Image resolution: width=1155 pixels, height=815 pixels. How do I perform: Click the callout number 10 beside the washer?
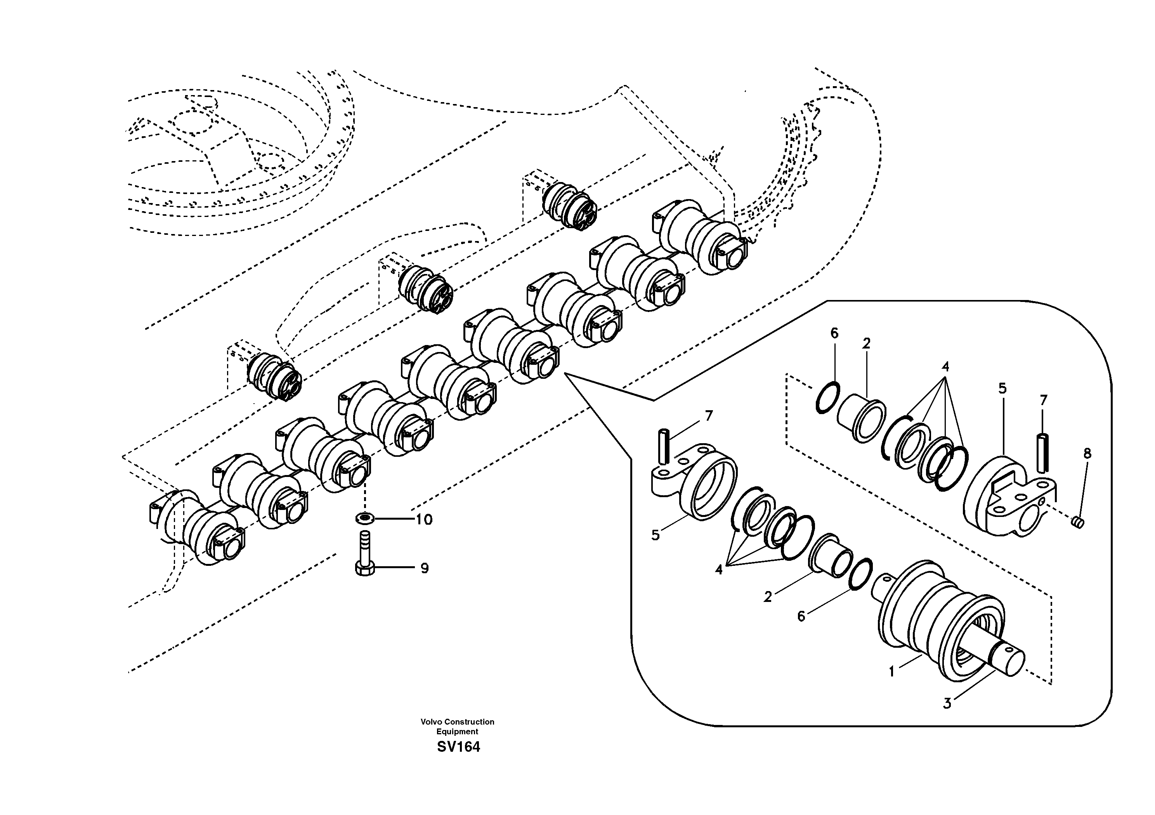point(424,520)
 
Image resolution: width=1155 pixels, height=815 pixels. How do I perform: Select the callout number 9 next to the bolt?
point(425,569)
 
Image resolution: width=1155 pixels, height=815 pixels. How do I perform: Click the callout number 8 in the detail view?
point(1087,454)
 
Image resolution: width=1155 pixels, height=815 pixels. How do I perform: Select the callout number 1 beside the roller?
point(891,672)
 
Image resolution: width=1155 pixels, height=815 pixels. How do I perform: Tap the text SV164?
point(458,747)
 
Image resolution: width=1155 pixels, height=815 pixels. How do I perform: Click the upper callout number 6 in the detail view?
point(834,333)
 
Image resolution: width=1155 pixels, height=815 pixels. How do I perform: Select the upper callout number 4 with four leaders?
point(946,367)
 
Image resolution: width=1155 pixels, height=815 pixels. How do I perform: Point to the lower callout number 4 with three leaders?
point(719,570)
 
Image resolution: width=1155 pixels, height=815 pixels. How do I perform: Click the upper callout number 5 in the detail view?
point(1002,388)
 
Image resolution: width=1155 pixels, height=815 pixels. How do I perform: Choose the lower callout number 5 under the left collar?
point(656,535)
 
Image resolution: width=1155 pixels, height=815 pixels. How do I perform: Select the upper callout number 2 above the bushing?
point(866,343)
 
